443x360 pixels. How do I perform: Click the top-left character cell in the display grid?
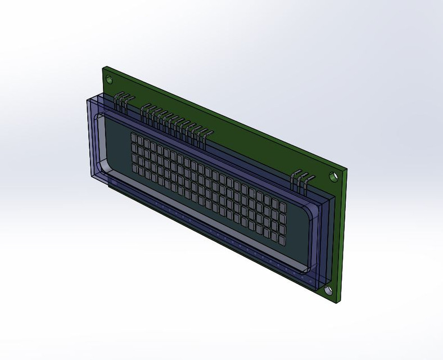[135, 137]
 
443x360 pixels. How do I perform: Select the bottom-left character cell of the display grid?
[135, 168]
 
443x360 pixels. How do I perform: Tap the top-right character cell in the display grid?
[282, 203]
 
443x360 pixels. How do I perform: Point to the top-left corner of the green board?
[103, 66]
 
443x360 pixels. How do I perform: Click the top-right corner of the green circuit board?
[347, 169]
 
